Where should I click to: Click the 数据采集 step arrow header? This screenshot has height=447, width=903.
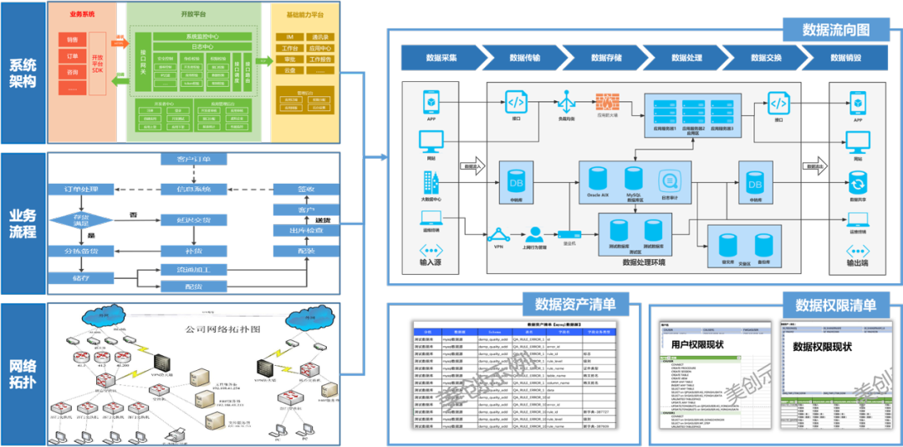(x=441, y=58)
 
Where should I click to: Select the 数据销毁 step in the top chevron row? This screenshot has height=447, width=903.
(x=844, y=58)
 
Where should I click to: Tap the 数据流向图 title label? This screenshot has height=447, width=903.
(x=835, y=30)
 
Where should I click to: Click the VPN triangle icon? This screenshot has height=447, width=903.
(x=499, y=234)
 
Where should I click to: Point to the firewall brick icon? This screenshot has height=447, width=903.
(x=607, y=104)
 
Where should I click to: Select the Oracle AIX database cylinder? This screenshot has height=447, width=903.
(x=598, y=180)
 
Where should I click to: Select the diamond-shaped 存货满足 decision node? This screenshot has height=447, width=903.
(x=70, y=220)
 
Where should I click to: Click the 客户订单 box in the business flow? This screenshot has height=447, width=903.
(x=194, y=159)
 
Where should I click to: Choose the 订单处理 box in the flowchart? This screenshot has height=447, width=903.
(x=70, y=190)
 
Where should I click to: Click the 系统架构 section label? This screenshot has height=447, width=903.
(x=23, y=73)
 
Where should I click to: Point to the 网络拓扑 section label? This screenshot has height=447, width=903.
(x=23, y=374)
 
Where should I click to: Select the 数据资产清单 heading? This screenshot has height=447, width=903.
(x=569, y=304)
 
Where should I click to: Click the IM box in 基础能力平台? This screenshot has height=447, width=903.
(x=288, y=38)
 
